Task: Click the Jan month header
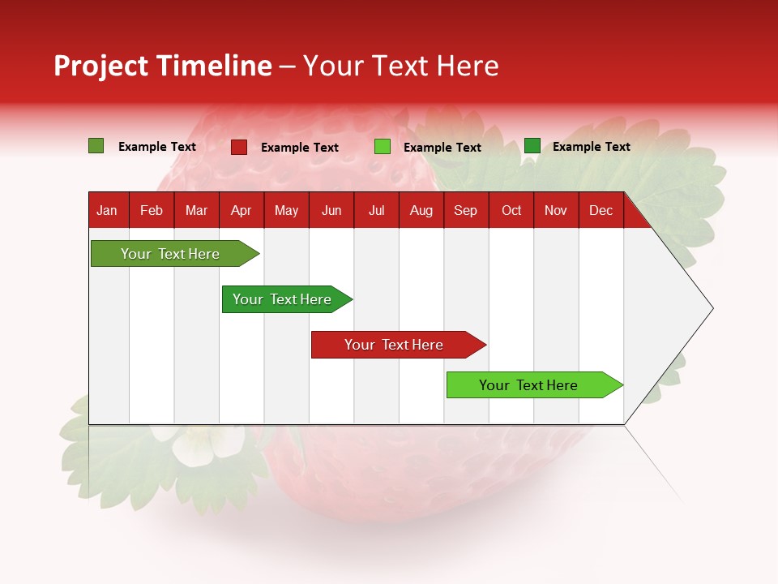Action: click(x=108, y=210)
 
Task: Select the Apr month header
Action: click(x=241, y=210)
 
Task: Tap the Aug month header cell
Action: click(x=421, y=210)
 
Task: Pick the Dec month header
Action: click(x=601, y=210)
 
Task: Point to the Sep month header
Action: click(x=465, y=210)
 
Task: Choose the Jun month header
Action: click(x=331, y=210)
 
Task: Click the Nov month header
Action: click(x=555, y=210)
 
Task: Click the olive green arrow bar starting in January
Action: click(x=170, y=254)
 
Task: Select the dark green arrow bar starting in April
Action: click(x=282, y=299)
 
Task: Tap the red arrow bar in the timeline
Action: click(x=394, y=345)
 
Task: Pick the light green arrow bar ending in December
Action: click(x=528, y=385)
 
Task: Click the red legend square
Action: click(x=239, y=147)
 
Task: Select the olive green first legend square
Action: click(x=96, y=146)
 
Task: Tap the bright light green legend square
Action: click(x=383, y=147)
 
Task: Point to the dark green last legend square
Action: click(x=532, y=146)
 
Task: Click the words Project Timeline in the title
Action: click(x=162, y=66)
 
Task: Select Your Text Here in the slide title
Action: click(x=400, y=66)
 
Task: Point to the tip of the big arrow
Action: click(x=712, y=308)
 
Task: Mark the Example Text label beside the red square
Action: click(x=300, y=148)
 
